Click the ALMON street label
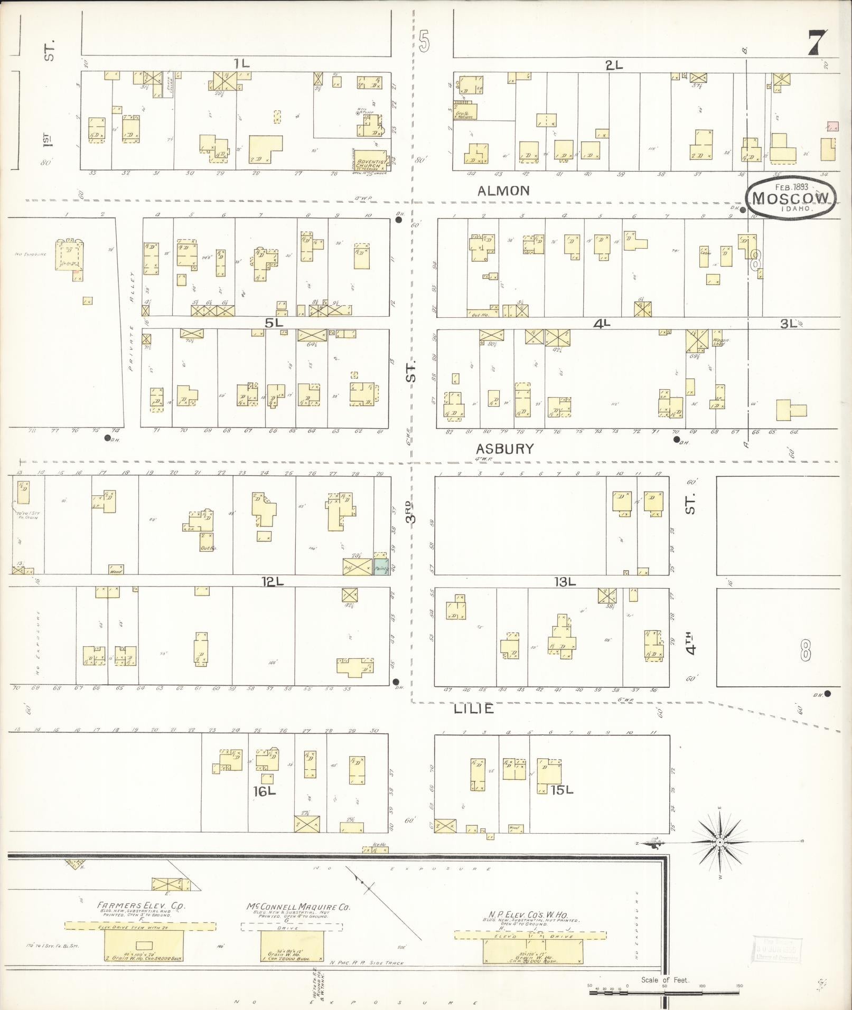tap(503, 191)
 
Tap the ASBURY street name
tap(505, 449)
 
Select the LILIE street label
tap(474, 709)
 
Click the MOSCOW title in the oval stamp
tap(790, 197)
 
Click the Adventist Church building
tap(371, 160)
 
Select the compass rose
tap(719, 842)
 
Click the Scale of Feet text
tap(664, 980)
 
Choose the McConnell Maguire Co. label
tap(298, 907)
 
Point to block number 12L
tap(273, 581)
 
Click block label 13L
tap(564, 582)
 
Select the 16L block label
tap(264, 791)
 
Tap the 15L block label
tap(561, 790)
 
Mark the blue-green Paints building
tap(381, 568)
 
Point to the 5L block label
tap(274, 323)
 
